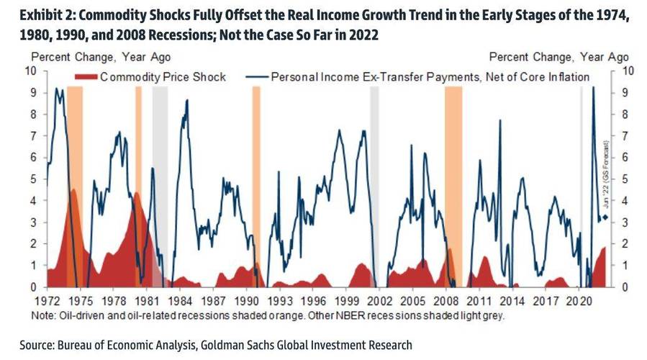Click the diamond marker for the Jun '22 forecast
pos(606,217)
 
